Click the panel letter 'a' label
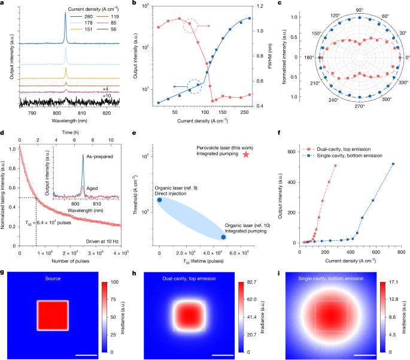tap(3, 4)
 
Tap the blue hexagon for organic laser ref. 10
tap(223, 237)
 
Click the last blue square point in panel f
tap(393, 164)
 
